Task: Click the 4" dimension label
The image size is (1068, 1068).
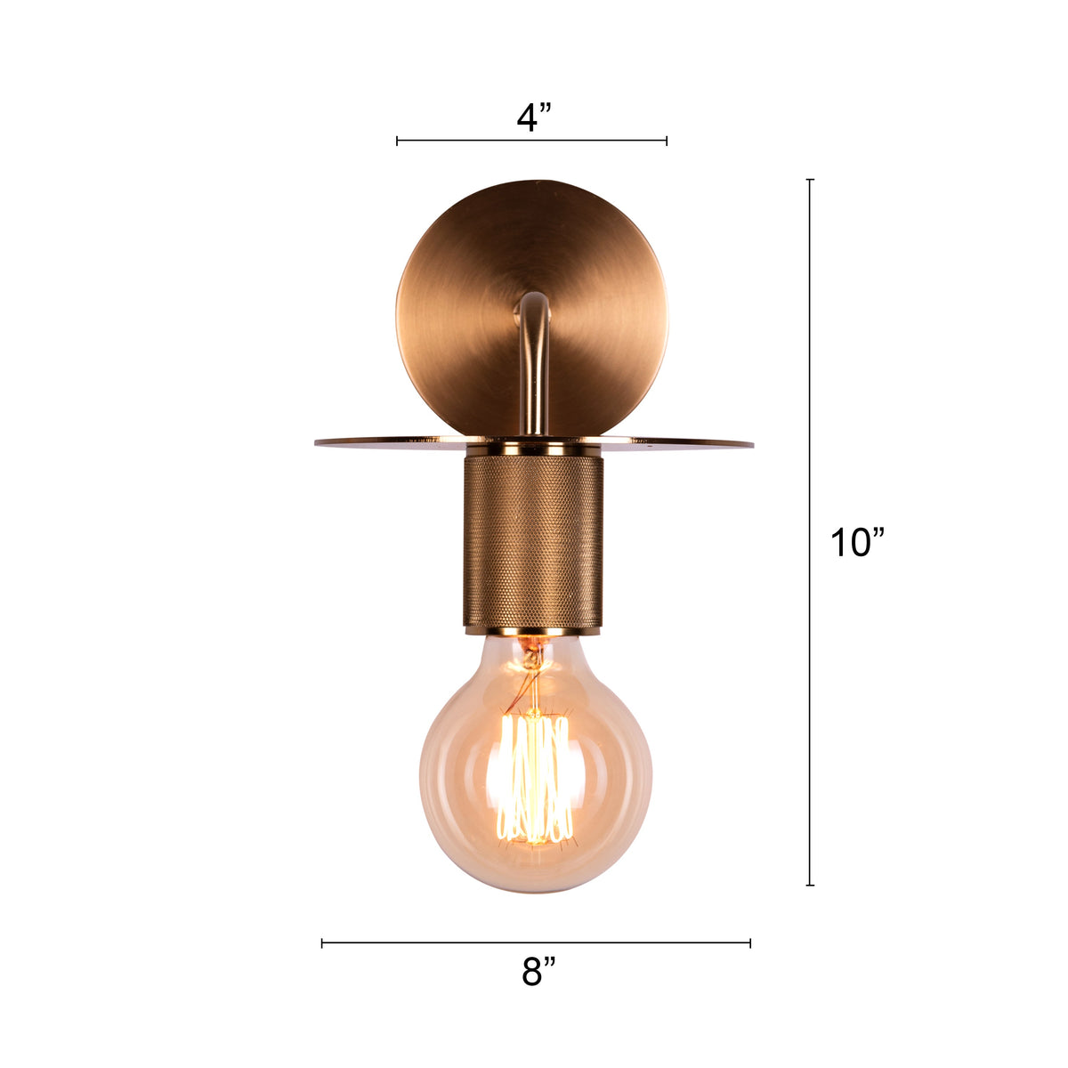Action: [534, 117]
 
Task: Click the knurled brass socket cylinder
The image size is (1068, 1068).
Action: [533, 541]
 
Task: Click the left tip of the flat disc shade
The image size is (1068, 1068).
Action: [315, 441]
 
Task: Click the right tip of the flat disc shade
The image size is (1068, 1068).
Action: [753, 443]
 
